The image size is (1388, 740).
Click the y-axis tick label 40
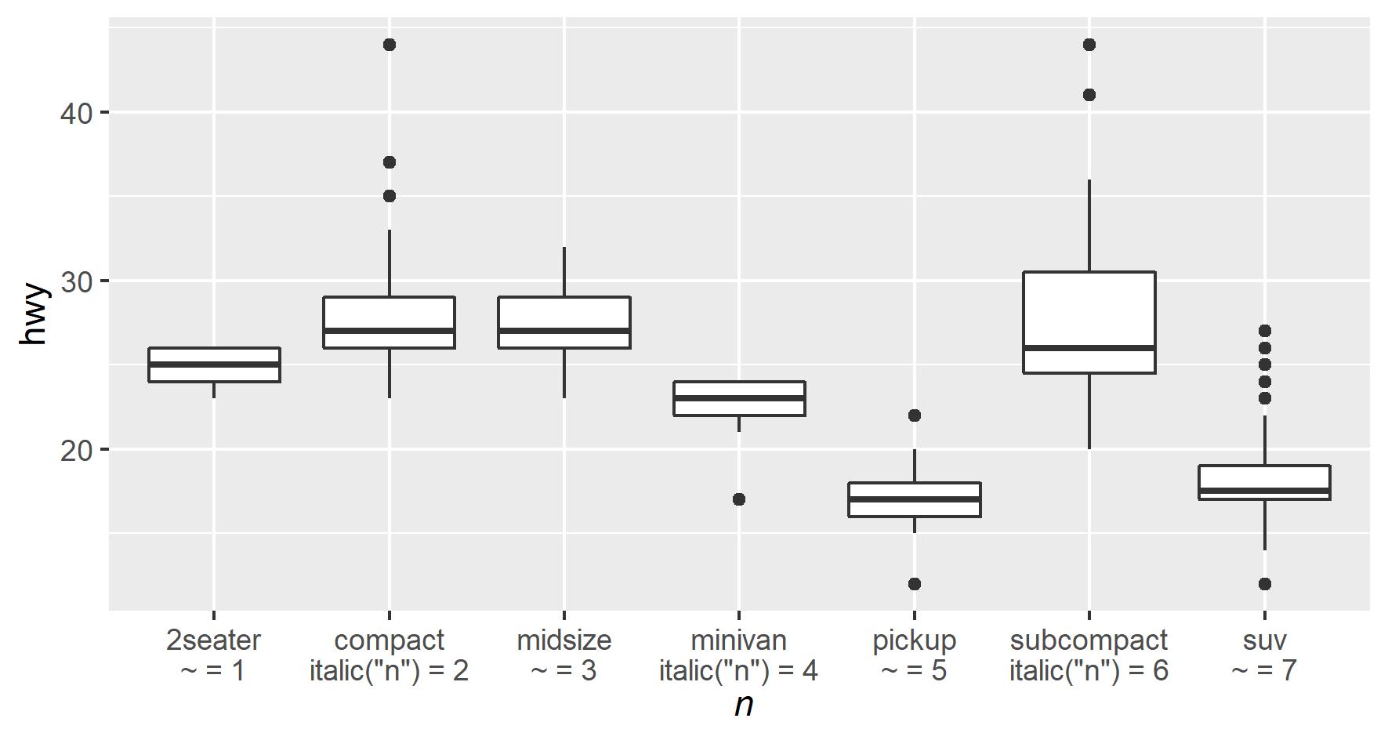(x=76, y=113)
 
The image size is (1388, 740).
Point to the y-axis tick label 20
(x=76, y=450)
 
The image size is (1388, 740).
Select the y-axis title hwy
(x=35, y=314)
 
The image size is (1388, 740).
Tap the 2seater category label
(x=214, y=640)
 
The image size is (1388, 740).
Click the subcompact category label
(x=1089, y=640)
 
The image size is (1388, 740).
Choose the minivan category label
(x=738, y=640)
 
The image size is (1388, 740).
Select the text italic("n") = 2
(x=389, y=672)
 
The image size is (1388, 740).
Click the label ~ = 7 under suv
(x=1264, y=672)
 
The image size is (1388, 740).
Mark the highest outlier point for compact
(x=390, y=45)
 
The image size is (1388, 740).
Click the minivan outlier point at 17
(x=739, y=499)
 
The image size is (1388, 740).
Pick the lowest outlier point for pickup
(x=914, y=584)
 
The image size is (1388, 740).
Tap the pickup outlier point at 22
(x=914, y=415)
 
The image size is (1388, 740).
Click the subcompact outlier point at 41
(x=1089, y=95)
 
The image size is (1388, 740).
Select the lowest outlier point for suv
(x=1264, y=584)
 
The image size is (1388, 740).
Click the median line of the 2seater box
(x=214, y=365)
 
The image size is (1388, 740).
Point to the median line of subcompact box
(x=1089, y=347)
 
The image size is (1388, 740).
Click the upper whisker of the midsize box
(x=564, y=272)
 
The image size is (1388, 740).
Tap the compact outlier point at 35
(x=390, y=196)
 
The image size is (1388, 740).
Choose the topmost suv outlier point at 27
(x=1264, y=331)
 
